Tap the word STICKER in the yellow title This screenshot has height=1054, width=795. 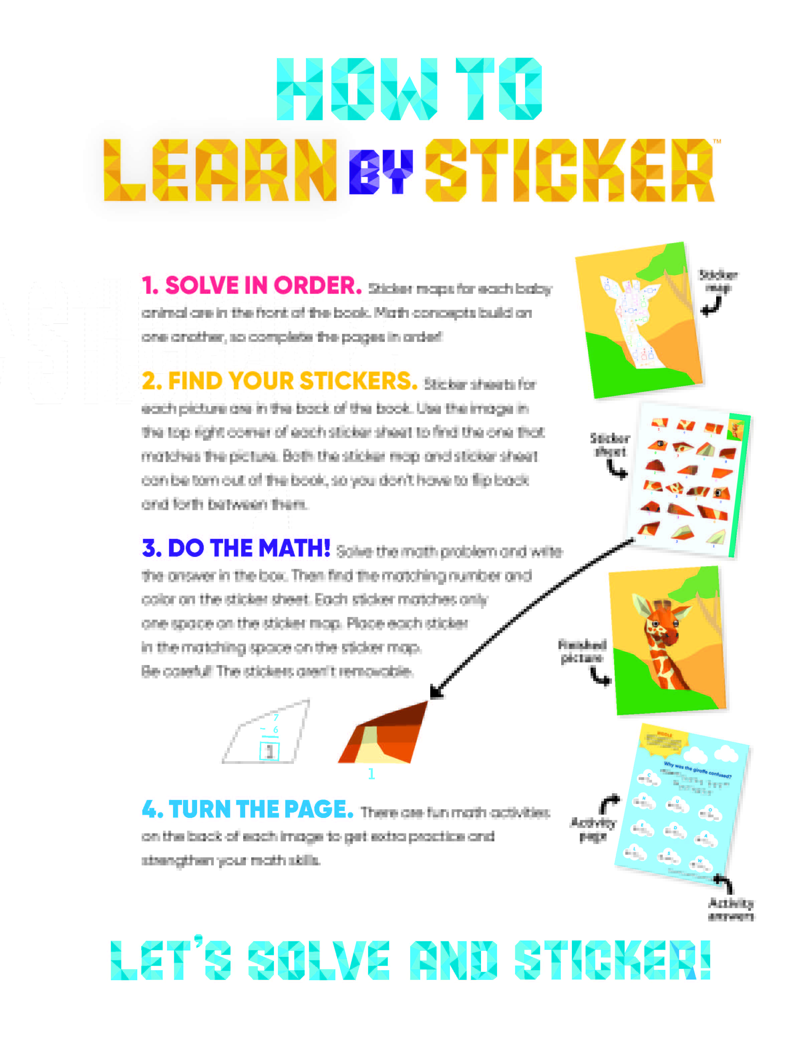tap(570, 171)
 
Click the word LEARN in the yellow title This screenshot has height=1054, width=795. tap(220, 171)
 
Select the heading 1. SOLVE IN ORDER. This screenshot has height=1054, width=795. tap(251, 285)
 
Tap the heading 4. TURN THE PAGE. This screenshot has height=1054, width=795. tap(248, 809)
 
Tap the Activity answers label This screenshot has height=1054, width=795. tap(731, 909)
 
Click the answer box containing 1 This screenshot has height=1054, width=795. tap(269, 752)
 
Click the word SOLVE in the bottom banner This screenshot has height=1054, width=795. tap(318, 960)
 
